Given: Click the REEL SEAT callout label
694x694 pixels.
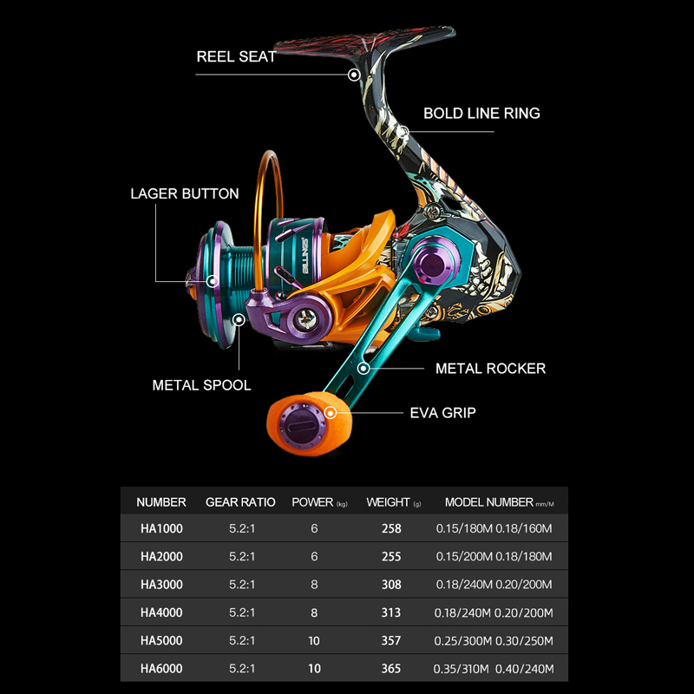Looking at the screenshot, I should coord(237,57).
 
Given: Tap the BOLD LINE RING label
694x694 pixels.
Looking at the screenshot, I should coord(481,113).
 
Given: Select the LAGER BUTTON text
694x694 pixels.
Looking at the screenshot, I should coord(185,193).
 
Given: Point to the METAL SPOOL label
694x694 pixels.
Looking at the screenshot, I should coord(201,385).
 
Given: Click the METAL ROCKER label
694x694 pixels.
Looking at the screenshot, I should coord(490,369).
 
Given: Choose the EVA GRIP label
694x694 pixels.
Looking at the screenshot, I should coord(442,413).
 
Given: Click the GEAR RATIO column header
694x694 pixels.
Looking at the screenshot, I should coord(240,502).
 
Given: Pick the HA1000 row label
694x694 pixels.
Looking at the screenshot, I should coord(161,527).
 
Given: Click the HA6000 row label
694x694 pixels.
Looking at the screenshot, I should coord(161,670).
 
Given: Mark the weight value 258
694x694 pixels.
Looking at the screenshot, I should coord(391,527).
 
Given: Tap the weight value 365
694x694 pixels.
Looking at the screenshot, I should coord(391,670).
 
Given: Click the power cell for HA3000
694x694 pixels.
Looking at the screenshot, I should coord(313,585).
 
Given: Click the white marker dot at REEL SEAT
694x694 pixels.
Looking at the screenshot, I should coord(354,75).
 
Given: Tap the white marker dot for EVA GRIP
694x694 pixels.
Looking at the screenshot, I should coord(331,413).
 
